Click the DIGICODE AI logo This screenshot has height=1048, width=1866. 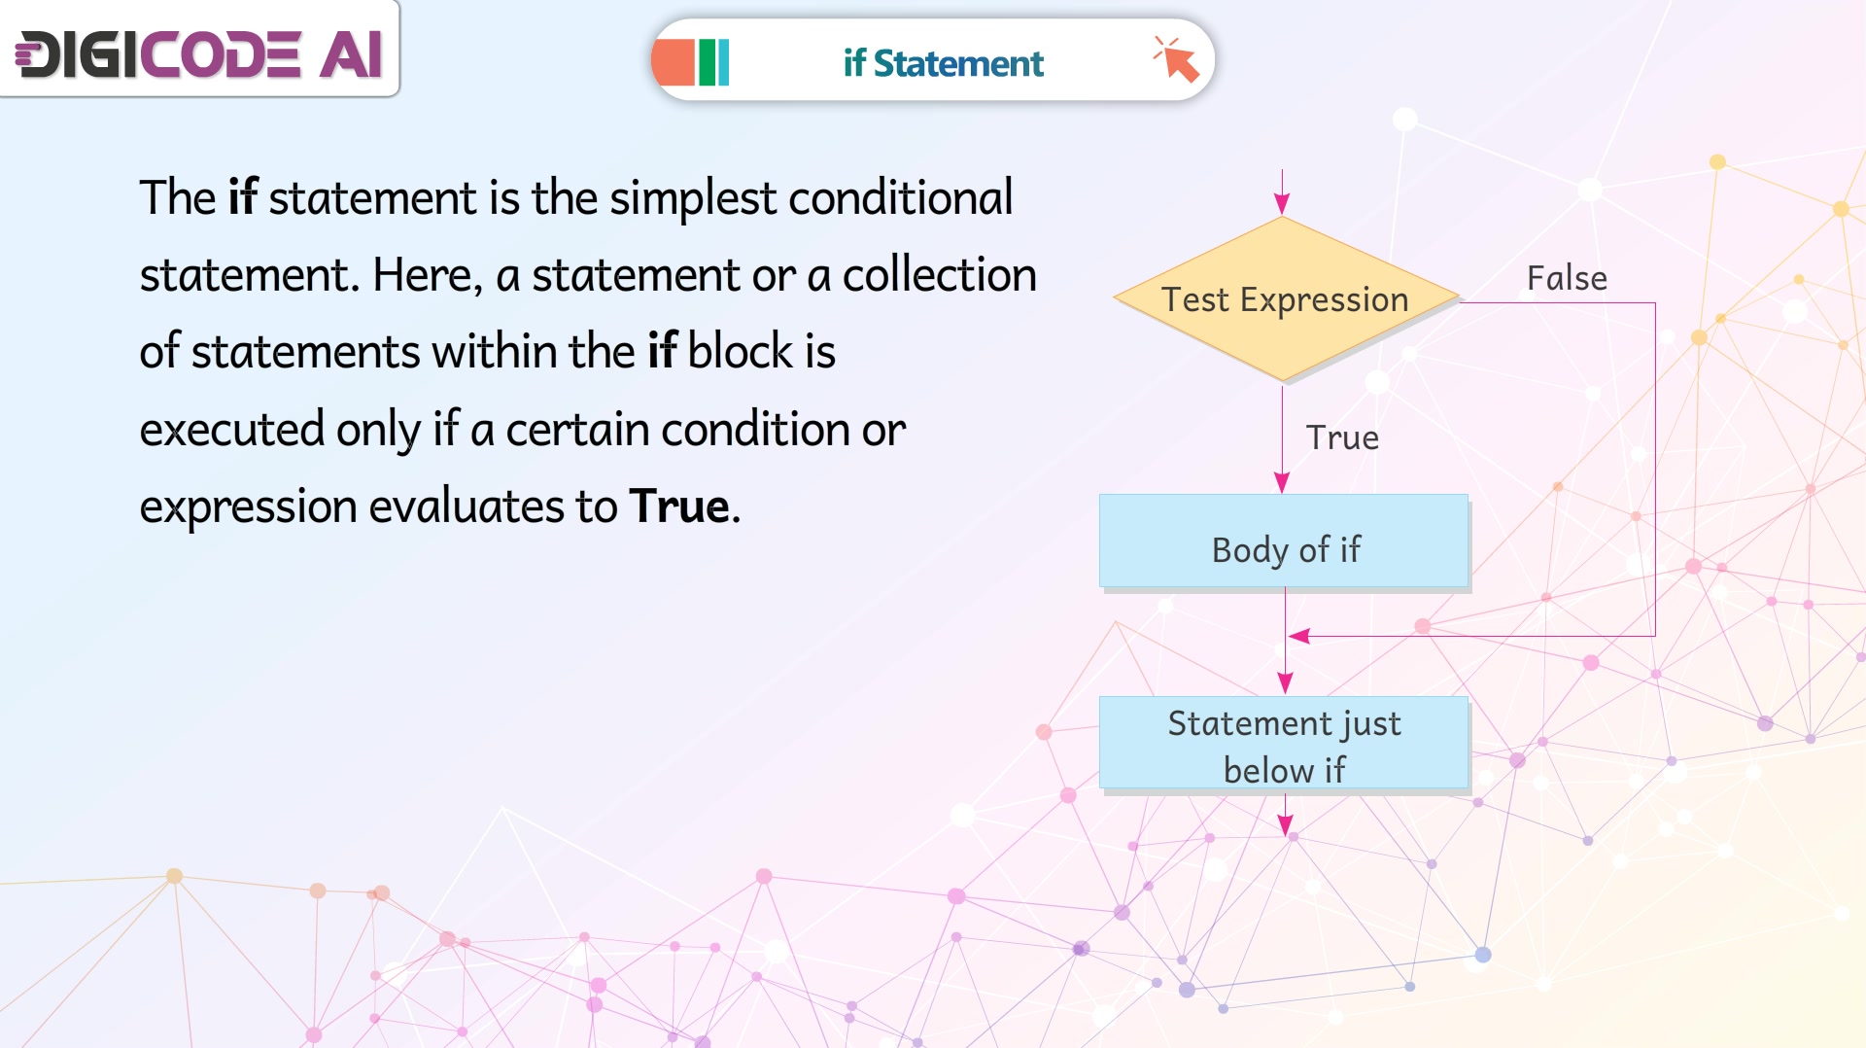coord(199,53)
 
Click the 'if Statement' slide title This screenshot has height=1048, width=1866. coord(943,63)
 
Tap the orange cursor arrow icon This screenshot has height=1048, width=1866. coord(1176,59)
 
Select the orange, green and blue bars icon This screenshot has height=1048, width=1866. coord(692,62)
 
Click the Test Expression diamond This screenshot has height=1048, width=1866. coord(1285,298)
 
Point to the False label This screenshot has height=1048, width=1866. coord(1567,278)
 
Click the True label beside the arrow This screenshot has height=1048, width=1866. coord(1342,437)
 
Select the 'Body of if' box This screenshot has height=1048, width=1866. coord(1284,541)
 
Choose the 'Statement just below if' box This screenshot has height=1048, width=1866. coord(1284,743)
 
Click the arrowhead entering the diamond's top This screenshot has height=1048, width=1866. coord(1282,203)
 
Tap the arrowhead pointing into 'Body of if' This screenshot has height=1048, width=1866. coord(1282,482)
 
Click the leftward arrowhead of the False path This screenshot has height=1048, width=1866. coord(1298,636)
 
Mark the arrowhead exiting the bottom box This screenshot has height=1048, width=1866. coord(1285,825)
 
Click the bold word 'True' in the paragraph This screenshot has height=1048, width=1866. coord(679,507)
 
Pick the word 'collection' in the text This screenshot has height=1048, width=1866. coord(939,275)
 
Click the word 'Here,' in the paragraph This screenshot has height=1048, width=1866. coord(428,276)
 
